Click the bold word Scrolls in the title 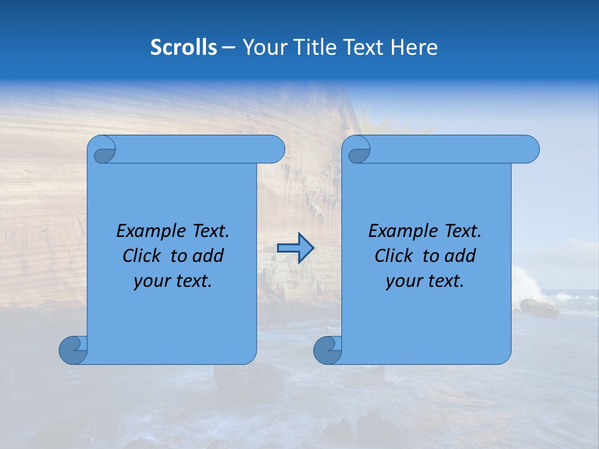click(x=183, y=47)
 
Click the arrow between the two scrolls click(x=295, y=248)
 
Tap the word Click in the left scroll click(x=143, y=256)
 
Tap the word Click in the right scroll click(x=395, y=256)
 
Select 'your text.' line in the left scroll click(x=173, y=281)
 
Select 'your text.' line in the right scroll click(x=425, y=281)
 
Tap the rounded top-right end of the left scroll click(x=275, y=150)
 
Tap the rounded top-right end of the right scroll click(x=529, y=150)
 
